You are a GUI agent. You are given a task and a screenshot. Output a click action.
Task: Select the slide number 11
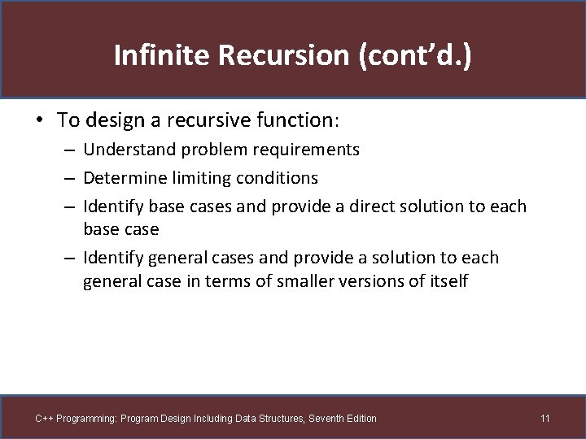(545, 419)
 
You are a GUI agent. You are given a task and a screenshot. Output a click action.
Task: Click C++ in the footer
(44, 419)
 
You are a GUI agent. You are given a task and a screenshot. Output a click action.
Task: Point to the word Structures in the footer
(279, 419)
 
